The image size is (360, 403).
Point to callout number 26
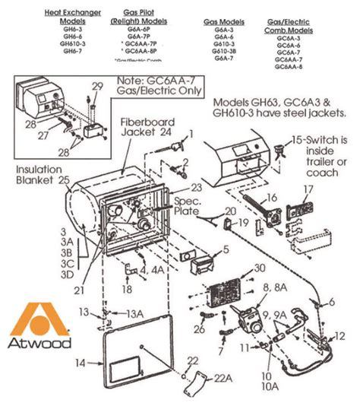point(199,328)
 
